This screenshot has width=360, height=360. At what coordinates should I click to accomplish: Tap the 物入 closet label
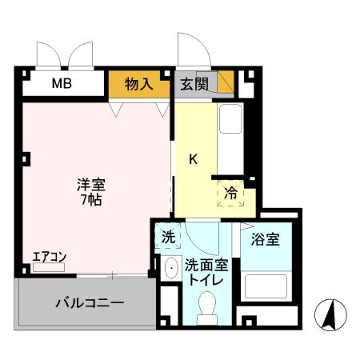(139, 84)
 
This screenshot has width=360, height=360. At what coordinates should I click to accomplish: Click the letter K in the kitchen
(193, 158)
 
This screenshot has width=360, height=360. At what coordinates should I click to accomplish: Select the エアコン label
(49, 257)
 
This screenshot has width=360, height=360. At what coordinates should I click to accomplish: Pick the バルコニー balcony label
(89, 304)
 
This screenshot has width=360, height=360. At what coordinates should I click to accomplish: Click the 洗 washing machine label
(169, 237)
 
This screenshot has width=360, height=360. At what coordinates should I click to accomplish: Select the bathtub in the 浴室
(267, 286)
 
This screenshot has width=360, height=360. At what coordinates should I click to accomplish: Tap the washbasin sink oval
(169, 269)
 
